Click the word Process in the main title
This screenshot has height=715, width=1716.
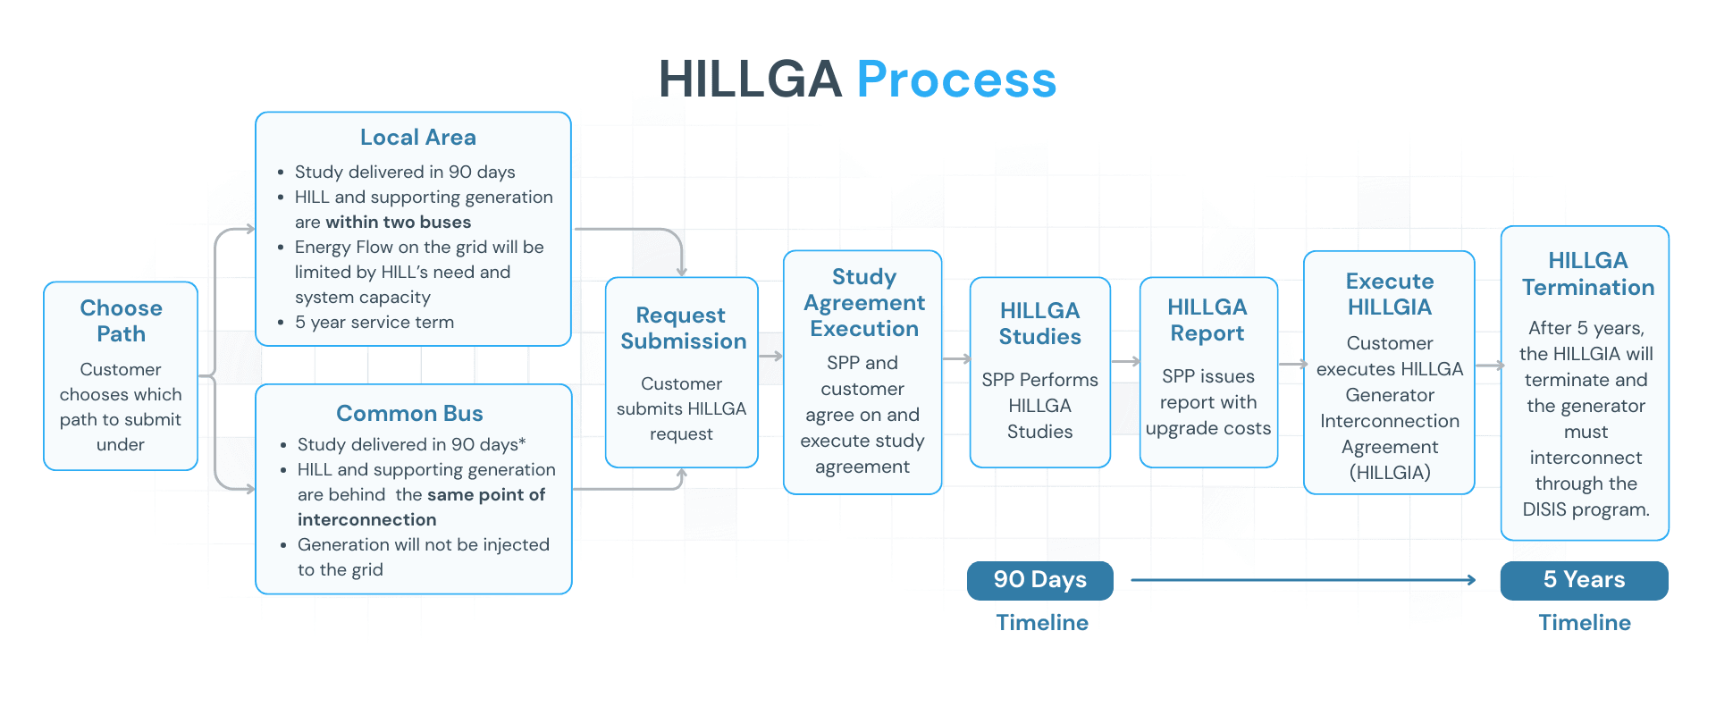point(956,80)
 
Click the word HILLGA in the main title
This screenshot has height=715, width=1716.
point(750,80)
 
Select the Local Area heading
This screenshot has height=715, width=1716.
point(417,138)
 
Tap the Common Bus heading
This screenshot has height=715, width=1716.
point(409,413)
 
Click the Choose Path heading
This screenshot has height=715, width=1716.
point(121,321)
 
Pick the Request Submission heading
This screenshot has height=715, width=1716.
point(683,328)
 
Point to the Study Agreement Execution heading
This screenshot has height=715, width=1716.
point(863,303)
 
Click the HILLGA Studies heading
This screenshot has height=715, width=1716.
point(1039,324)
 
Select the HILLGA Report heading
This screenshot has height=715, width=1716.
point(1207,320)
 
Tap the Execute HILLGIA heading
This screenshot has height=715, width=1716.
point(1389,294)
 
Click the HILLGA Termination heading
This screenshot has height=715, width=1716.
point(1587,274)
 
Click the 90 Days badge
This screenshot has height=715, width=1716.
point(1039,580)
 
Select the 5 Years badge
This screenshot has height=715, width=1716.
point(1584,580)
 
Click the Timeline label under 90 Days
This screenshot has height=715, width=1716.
point(1042,623)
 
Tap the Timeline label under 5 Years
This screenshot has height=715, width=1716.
point(1584,623)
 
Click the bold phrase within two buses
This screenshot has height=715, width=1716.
point(398,222)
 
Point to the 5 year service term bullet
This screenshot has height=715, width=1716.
point(374,322)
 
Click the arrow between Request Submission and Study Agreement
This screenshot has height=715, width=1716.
point(770,357)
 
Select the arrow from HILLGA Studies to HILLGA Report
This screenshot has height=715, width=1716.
point(1125,362)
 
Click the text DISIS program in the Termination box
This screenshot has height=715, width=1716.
point(1586,509)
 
